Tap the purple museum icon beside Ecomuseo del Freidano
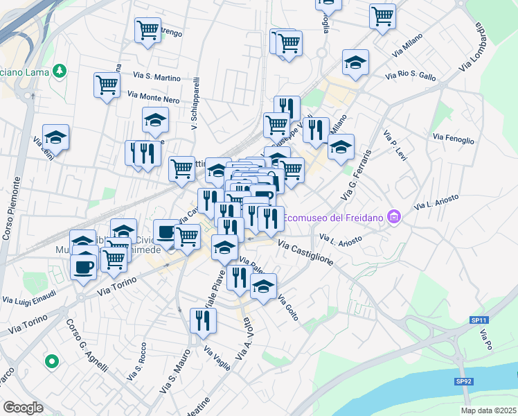click(x=395, y=218)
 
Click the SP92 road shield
click(x=463, y=381)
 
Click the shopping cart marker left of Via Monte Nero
click(x=107, y=85)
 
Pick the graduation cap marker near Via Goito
click(x=263, y=286)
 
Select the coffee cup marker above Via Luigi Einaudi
click(x=83, y=266)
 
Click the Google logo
click(x=23, y=407)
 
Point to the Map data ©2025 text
click(x=488, y=410)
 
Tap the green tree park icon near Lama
click(x=60, y=70)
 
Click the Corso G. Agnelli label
click(x=82, y=342)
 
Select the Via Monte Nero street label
click(x=154, y=97)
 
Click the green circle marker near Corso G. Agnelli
click(x=51, y=361)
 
